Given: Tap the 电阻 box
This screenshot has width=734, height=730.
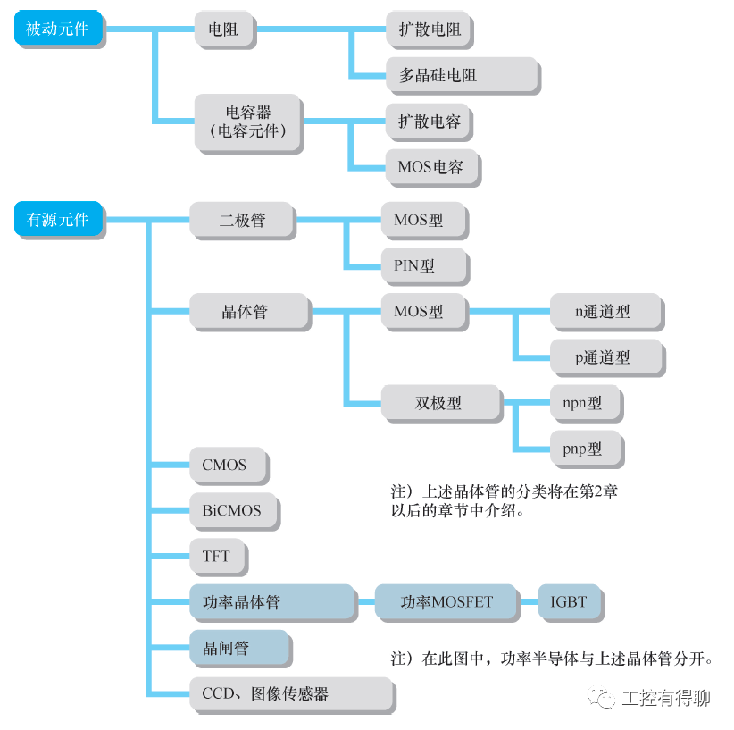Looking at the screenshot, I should (x=223, y=29).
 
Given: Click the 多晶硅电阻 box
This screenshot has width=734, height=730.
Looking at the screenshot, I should (x=462, y=75).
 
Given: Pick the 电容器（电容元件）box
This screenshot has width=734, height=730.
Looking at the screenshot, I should (x=247, y=122).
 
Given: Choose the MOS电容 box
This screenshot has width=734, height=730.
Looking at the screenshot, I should (x=430, y=167).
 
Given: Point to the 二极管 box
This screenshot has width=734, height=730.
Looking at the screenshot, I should (x=242, y=219).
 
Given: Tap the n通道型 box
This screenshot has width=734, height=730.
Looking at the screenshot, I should (x=605, y=312).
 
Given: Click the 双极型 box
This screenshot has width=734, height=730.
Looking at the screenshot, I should (x=439, y=403).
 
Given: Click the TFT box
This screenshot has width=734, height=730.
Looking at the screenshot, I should (x=217, y=556).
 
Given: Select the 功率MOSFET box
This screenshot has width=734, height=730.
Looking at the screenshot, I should (x=446, y=602).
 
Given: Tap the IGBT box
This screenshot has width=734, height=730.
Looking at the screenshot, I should (x=570, y=602).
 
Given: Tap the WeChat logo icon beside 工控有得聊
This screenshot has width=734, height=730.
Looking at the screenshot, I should (x=601, y=697).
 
